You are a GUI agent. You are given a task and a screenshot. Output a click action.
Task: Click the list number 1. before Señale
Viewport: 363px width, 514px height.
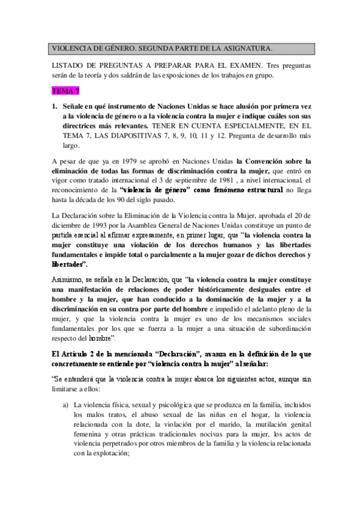point(55,105)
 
